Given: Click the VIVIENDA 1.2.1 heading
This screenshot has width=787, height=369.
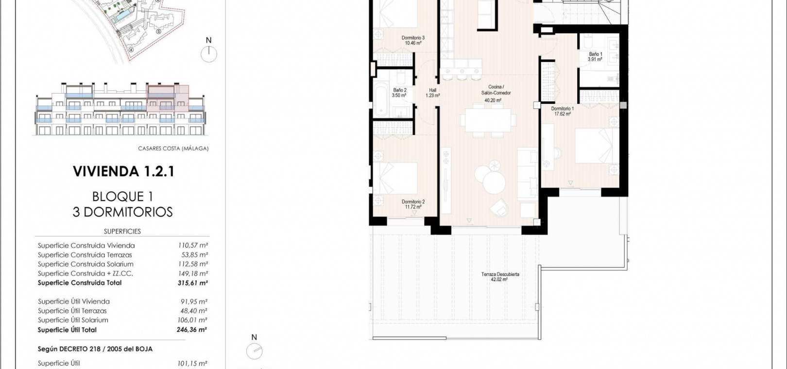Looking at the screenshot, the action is [123, 171].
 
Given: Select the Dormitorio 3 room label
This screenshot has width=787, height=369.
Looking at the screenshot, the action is [413, 38].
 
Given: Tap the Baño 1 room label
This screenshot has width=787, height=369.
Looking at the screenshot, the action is [596, 54].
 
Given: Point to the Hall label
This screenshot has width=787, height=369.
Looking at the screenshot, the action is [432, 90].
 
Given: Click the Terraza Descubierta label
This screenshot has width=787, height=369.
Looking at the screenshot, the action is [500, 274].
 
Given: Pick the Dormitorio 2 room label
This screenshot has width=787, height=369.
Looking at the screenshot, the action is [413, 202].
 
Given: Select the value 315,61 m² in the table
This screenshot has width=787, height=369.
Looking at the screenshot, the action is [193, 283].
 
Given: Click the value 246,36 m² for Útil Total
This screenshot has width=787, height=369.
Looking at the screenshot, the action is [192, 330].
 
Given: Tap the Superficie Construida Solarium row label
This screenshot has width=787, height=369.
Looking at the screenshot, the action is [86, 264].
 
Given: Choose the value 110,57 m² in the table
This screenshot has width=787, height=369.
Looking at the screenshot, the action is [193, 245].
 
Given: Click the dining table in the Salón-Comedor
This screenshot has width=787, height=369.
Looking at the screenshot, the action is [488, 120].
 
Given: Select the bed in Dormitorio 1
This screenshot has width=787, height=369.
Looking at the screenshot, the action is [597, 146].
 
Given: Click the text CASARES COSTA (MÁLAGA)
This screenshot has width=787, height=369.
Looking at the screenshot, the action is [173, 149].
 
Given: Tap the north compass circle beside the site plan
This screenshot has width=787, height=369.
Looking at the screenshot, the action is [209, 54].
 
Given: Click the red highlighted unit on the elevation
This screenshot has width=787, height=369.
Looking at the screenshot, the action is [168, 99].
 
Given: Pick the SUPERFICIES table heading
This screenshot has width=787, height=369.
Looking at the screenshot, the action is [122, 232].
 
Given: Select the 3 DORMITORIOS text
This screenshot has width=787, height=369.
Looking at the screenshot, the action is [122, 212].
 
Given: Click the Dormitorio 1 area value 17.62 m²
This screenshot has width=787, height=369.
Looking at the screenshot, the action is [563, 114].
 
